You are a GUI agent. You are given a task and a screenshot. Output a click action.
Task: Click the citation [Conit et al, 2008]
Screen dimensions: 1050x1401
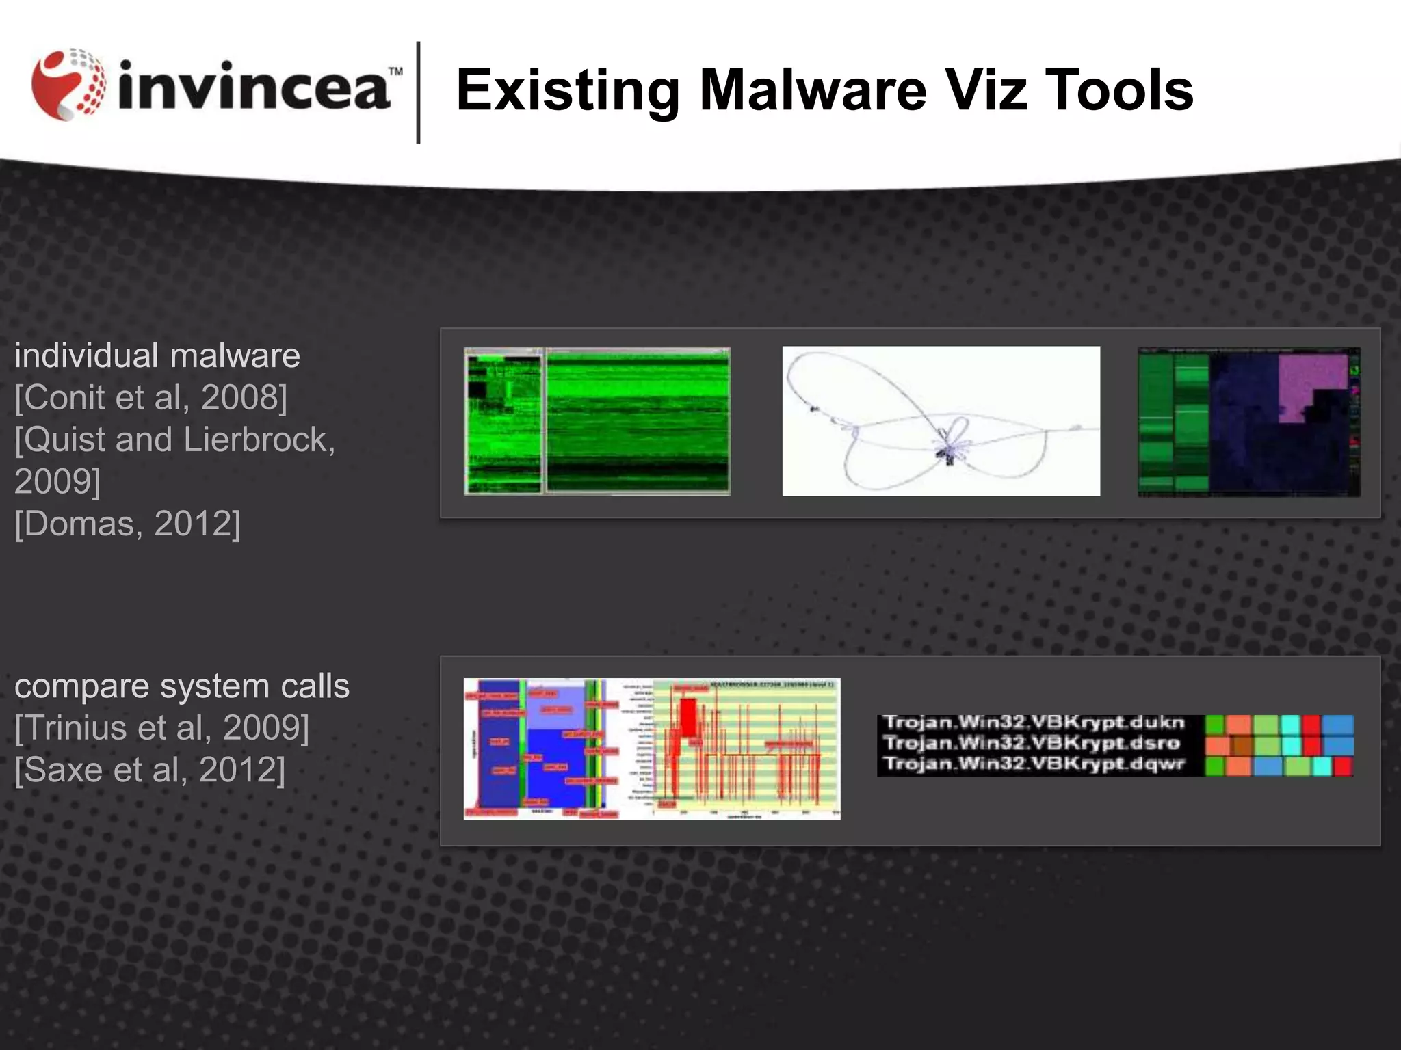151,398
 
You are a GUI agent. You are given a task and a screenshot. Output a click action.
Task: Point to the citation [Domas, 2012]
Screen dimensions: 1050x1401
128,524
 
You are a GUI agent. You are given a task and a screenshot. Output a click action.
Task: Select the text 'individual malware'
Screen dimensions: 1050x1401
157,356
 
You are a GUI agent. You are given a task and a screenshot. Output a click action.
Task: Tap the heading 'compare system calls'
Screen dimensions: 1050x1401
182,686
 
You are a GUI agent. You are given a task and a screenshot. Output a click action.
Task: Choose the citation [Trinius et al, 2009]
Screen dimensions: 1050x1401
162,728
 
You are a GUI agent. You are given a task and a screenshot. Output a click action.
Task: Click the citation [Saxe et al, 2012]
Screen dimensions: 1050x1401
150,770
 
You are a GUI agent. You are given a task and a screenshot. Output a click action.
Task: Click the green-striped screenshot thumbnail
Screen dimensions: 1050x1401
597,421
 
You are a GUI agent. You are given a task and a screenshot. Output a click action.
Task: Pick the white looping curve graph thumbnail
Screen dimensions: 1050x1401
941,421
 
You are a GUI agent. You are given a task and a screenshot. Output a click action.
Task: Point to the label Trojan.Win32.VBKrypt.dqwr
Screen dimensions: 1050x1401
1034,764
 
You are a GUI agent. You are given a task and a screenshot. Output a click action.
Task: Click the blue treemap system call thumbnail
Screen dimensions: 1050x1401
540,749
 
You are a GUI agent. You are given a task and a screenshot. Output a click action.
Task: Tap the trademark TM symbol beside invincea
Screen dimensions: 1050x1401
395,71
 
